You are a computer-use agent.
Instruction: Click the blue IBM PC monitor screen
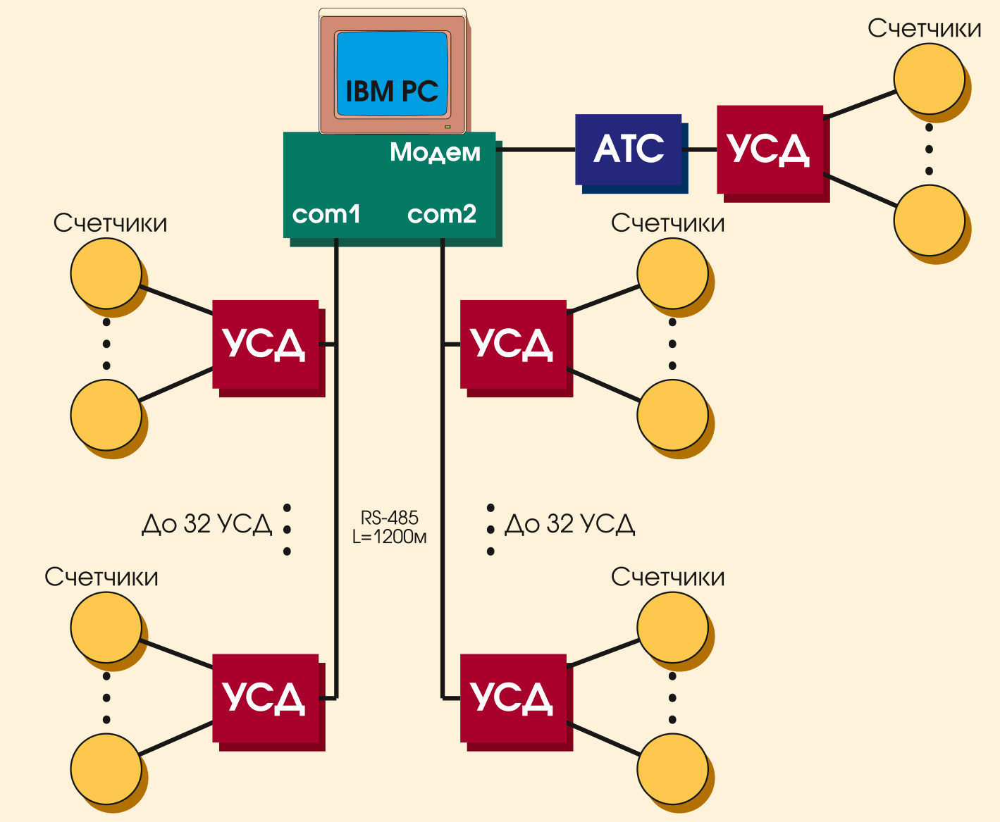coord(392,74)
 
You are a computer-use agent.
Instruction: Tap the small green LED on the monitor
coord(447,127)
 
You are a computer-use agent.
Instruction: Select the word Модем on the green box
coord(435,152)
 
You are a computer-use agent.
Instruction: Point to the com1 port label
coord(326,213)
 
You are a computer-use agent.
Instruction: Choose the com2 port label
coord(442,213)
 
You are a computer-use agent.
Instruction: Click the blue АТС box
coord(629,149)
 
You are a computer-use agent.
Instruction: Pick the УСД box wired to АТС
coord(770,149)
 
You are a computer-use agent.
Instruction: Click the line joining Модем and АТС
coord(536,149)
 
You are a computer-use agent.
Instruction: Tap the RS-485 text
coord(390,518)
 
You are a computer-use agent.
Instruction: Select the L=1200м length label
coord(390,537)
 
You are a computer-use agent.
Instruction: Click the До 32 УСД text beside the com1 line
coord(206,525)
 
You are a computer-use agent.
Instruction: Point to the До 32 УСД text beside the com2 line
coord(570,525)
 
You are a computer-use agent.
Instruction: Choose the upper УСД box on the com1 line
coord(265,344)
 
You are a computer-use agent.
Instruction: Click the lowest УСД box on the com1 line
coord(265,698)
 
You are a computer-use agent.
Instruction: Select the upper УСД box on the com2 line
coord(513,344)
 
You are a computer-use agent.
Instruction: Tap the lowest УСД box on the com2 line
coord(513,698)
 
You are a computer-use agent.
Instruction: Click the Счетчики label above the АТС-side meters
coord(924,28)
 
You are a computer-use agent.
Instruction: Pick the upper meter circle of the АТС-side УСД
coord(929,79)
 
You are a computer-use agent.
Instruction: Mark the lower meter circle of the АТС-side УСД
coord(929,220)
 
